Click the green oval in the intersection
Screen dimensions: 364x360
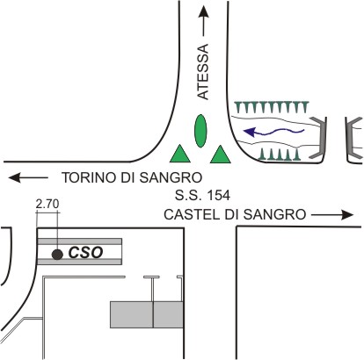point(200,131)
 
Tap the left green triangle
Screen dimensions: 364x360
point(180,155)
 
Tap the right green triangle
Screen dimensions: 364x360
point(221,155)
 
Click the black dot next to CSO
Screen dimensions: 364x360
point(57,255)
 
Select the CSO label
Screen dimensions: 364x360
point(85,253)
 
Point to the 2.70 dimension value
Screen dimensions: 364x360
point(47,204)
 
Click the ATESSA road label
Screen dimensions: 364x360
point(203,72)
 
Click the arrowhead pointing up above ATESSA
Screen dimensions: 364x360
point(204,12)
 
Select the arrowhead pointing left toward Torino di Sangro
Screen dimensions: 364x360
point(15,177)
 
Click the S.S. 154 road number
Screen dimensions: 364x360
point(202,195)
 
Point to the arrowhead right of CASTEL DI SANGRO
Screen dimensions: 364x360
point(347,215)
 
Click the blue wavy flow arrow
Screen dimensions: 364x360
point(274,133)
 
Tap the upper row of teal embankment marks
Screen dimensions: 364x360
point(272,107)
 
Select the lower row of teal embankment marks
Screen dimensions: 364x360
point(280,155)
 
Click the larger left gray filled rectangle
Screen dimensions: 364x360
point(132,314)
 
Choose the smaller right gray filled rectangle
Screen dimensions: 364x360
point(168,314)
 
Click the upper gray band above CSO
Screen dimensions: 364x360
point(80,241)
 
